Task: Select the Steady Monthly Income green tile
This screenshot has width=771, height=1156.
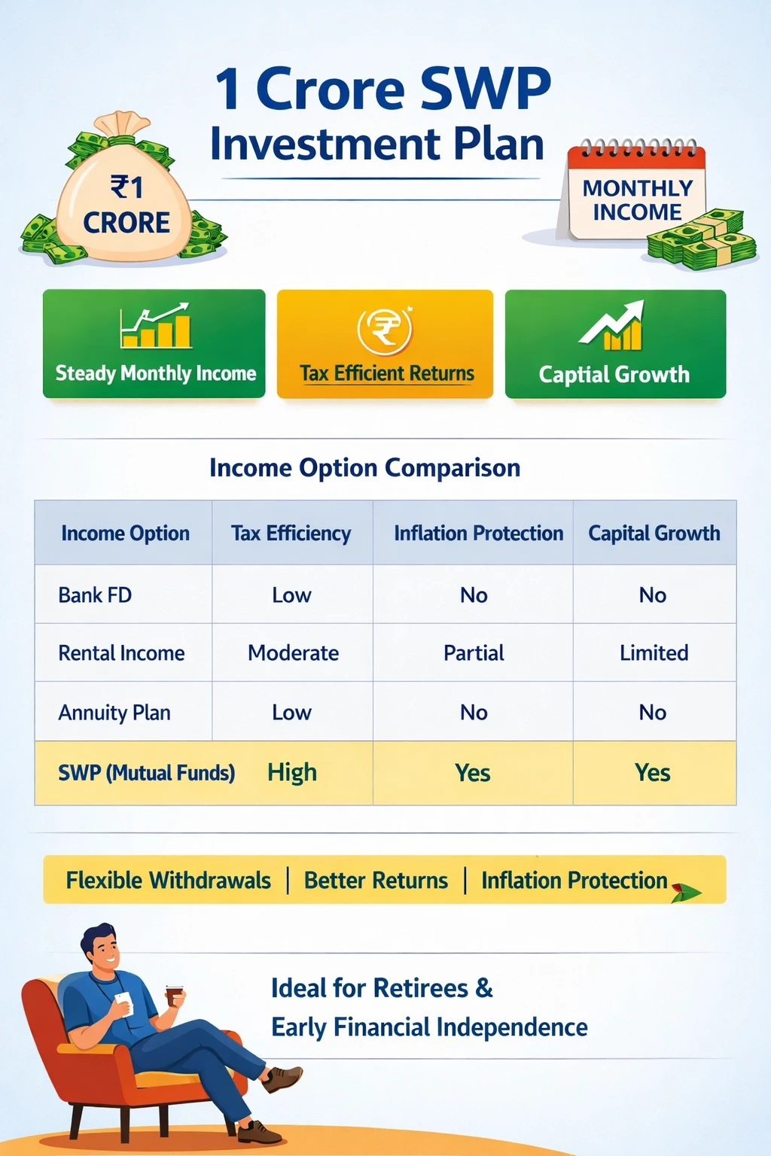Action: click(154, 344)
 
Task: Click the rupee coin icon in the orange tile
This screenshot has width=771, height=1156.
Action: click(385, 330)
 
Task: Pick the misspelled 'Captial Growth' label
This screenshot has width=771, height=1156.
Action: click(614, 375)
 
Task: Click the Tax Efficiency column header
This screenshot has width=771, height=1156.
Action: click(291, 534)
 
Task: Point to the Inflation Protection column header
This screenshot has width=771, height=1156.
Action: click(478, 534)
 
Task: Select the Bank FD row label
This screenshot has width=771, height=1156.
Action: click(95, 595)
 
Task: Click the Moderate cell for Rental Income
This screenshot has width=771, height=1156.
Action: click(293, 653)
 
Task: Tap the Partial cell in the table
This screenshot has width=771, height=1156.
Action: click(474, 653)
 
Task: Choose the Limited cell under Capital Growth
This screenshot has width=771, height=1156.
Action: click(654, 653)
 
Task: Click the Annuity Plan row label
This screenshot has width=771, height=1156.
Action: click(114, 713)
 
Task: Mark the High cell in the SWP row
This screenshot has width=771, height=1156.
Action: click(292, 773)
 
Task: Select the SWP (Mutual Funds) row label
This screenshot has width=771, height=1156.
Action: click(146, 773)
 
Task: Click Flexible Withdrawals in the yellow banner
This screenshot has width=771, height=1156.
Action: click(168, 881)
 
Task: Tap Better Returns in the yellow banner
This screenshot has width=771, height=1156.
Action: click(376, 881)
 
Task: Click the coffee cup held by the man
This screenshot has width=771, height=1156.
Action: click(175, 995)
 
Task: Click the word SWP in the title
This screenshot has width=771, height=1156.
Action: click(485, 89)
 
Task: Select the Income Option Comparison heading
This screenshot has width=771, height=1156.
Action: click(364, 468)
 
